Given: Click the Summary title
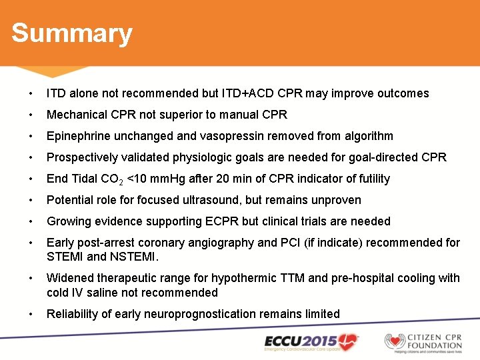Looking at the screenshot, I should [72, 33].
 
